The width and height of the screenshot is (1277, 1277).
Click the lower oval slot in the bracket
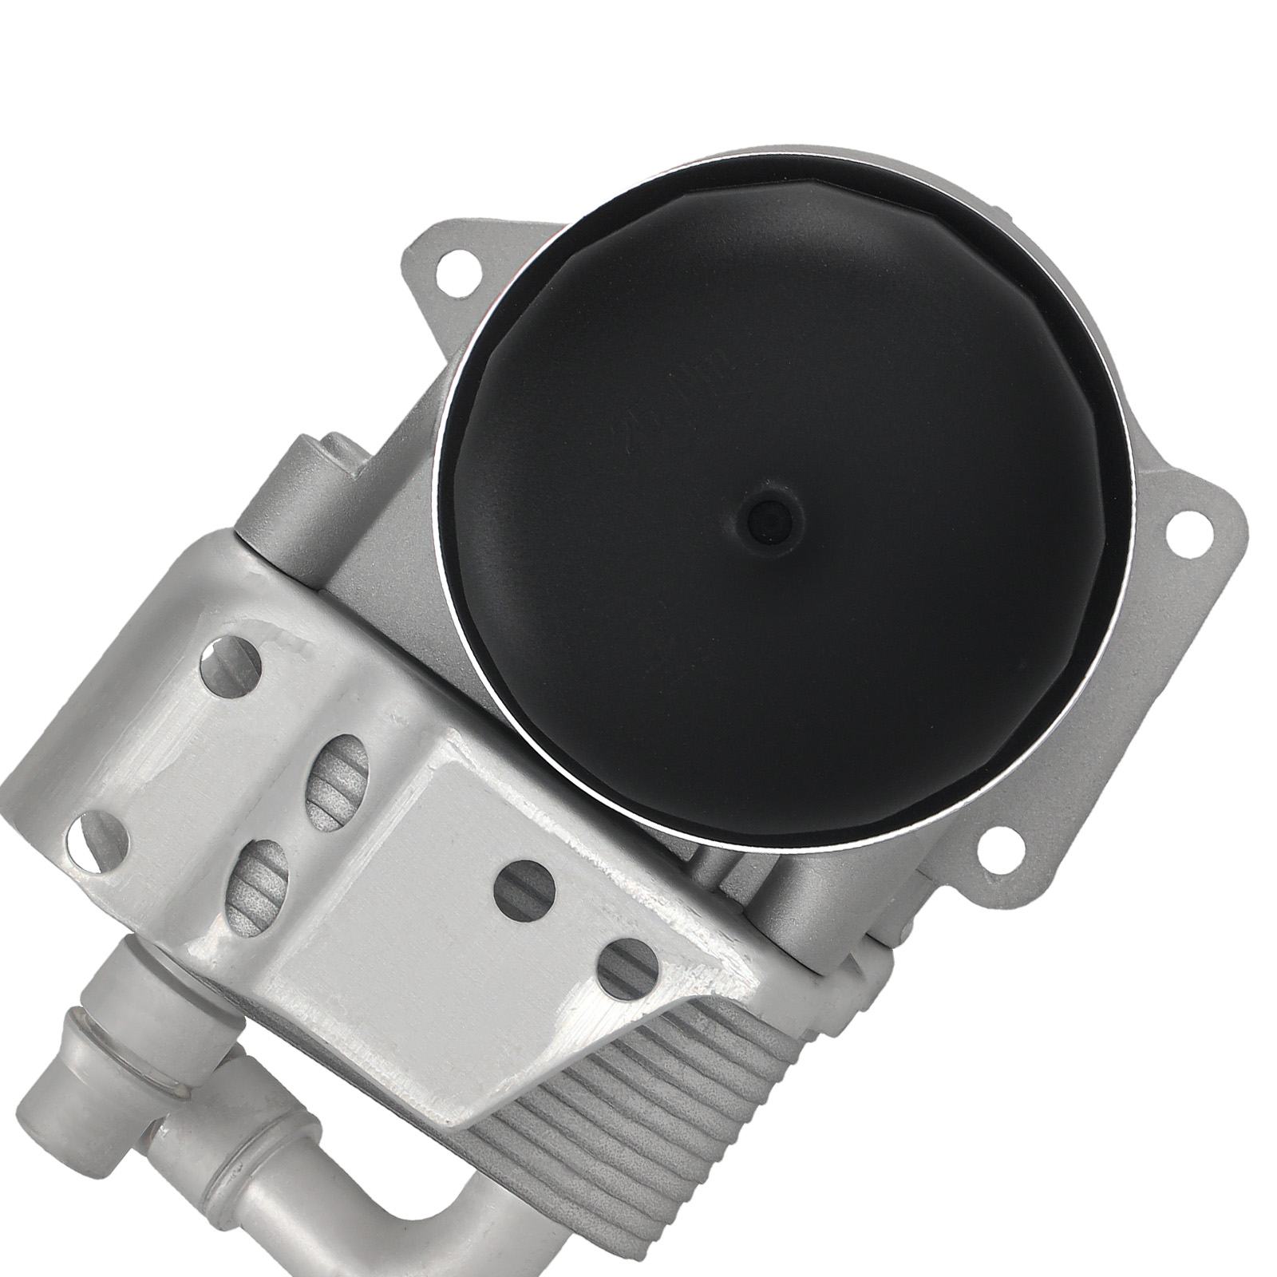click(x=263, y=879)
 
